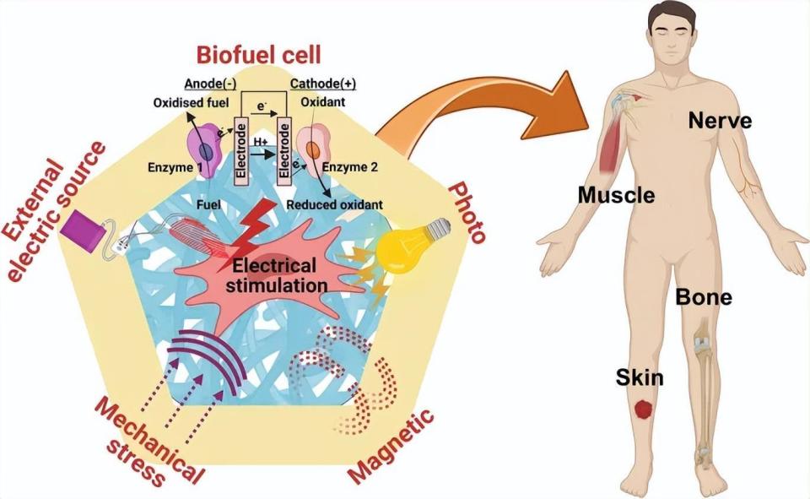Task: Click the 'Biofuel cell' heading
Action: point(259,55)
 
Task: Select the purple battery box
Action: point(83,231)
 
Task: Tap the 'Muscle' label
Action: point(616,195)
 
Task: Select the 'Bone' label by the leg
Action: point(704,297)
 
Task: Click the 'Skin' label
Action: point(639,377)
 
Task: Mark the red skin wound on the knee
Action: point(644,410)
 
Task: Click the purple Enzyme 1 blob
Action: point(204,150)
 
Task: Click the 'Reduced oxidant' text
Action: point(335,205)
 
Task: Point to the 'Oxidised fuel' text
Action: point(192,103)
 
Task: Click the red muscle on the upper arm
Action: point(612,139)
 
